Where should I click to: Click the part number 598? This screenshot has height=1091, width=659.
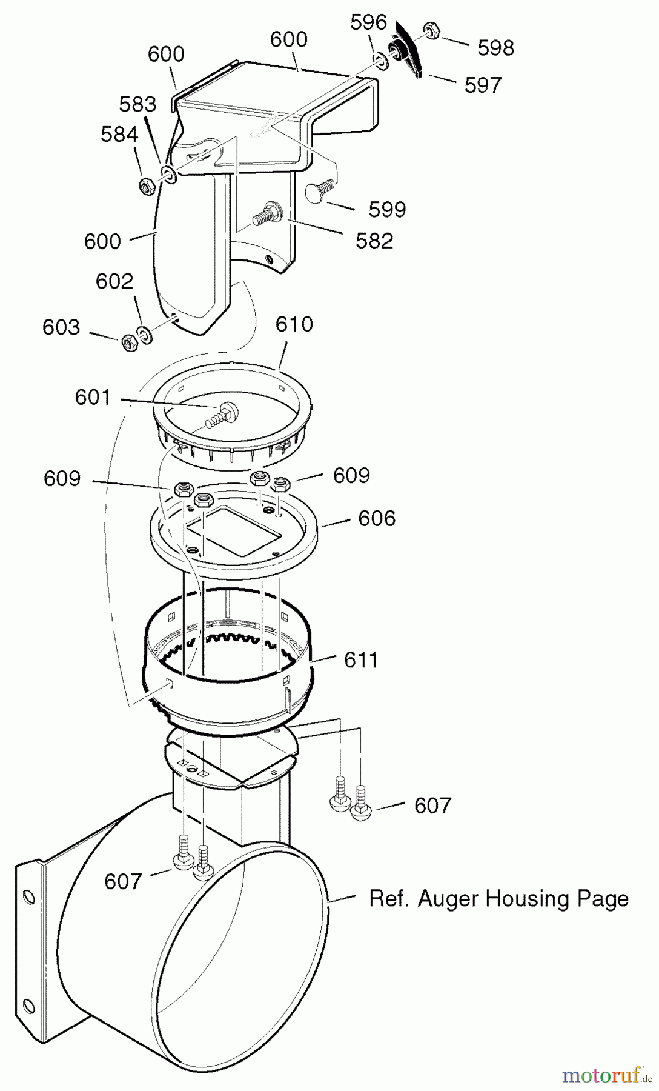(x=495, y=48)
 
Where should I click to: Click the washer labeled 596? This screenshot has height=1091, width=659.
(x=382, y=61)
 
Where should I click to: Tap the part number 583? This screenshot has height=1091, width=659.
(x=137, y=104)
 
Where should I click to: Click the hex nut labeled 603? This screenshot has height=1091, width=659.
(x=130, y=343)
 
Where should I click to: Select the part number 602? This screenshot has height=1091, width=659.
(x=114, y=281)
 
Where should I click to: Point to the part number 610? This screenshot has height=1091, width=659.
(x=294, y=324)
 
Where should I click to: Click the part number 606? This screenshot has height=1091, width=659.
(x=376, y=518)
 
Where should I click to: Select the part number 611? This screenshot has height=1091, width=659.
(x=360, y=659)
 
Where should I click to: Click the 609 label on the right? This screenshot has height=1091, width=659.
(x=351, y=475)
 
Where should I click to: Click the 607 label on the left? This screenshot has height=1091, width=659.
(x=122, y=881)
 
